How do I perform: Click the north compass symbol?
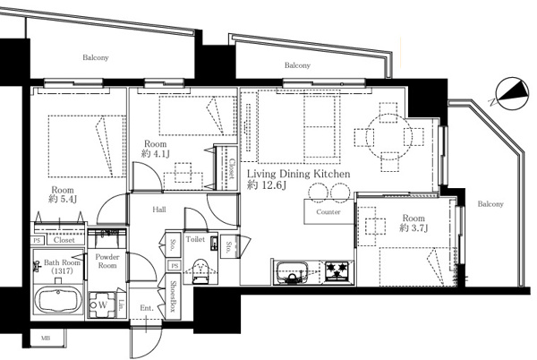tap(511, 93)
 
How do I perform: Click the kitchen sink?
tap(292, 272)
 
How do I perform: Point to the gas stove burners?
tap(337, 271)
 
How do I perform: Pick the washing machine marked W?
tap(101, 304)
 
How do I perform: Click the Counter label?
tap(328, 212)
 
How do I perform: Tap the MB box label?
tap(46, 339)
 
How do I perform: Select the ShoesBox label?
tap(174, 296)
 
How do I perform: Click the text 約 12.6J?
tap(266, 185)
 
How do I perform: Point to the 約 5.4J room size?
tap(63, 199)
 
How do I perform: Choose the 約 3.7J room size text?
tap(413, 227)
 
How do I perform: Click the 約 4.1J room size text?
tap(155, 154)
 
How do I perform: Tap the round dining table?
tap(388, 136)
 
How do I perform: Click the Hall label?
tap(159, 210)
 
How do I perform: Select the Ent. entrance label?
tap(147, 308)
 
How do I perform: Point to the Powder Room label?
tap(107, 261)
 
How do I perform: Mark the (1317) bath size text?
tap(62, 271)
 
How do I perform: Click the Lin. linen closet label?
tap(122, 304)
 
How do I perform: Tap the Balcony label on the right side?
tap(490, 204)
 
